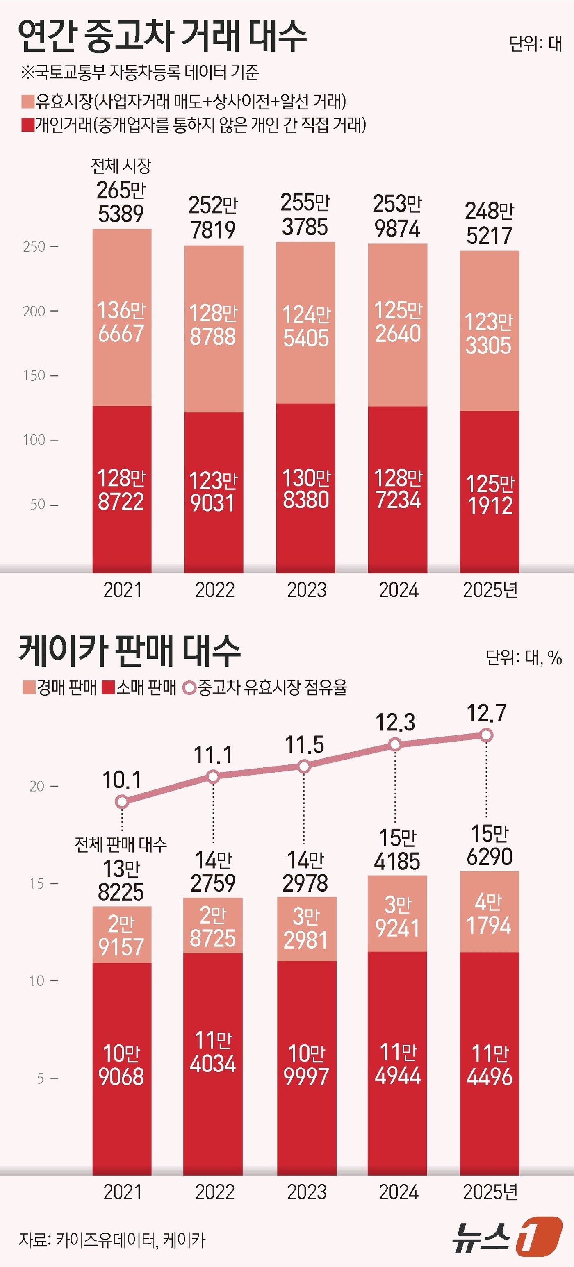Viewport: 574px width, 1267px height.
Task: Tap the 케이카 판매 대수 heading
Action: coord(130,650)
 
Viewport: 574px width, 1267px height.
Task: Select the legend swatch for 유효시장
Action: coord(27,102)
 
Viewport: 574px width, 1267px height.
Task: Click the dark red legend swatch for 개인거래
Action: coord(27,125)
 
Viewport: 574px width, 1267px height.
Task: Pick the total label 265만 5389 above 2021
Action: coord(121,202)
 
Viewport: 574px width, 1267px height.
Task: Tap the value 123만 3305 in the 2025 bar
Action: coord(489,334)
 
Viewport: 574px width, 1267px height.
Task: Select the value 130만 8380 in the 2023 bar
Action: coord(305,489)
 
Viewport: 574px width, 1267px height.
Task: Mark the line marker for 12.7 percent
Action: coord(486,735)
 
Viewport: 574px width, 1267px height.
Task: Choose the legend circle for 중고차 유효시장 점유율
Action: coord(189,687)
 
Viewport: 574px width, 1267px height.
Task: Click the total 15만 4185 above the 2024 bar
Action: coord(397,849)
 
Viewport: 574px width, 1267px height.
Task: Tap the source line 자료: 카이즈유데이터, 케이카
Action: coord(112,1240)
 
